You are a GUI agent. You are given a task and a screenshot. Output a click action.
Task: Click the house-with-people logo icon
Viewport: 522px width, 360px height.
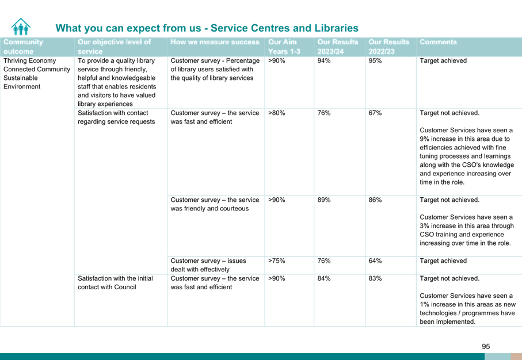pos(21,26)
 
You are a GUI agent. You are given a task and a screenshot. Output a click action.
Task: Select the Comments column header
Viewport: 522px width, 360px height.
pos(438,42)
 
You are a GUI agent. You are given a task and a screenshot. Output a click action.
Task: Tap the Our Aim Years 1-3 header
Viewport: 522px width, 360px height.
pos(284,47)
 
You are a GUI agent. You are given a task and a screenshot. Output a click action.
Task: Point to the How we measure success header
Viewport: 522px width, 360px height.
pos(215,42)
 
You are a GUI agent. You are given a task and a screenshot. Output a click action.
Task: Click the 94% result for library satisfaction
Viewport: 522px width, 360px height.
pos(324,60)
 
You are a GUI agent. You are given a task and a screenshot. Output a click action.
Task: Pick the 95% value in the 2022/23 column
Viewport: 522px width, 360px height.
pos(375,60)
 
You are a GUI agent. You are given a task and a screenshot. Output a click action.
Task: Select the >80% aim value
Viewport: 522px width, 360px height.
pos(277,113)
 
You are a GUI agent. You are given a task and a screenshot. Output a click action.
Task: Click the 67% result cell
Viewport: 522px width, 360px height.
pos(375,113)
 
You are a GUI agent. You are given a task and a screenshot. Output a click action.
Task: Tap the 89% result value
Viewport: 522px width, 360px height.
pos(324,200)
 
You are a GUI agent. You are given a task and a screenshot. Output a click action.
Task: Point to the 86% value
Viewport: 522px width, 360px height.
pos(375,200)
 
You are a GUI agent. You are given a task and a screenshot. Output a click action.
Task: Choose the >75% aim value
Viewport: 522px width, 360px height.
pos(277,261)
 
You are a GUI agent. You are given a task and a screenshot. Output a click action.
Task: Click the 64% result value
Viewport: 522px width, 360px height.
pos(375,261)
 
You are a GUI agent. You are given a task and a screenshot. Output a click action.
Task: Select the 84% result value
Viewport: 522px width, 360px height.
pos(324,278)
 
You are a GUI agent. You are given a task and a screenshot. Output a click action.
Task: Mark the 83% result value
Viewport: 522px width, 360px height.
pos(375,278)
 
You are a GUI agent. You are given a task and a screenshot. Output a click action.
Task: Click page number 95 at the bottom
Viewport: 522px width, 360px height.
pos(486,346)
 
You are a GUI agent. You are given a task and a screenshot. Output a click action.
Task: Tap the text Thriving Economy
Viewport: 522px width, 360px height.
pos(29,60)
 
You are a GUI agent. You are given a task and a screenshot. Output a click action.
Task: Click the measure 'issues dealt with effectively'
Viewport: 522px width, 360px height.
pos(208,265)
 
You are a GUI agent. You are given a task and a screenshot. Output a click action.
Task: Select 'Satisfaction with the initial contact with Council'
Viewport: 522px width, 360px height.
pos(115,282)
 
